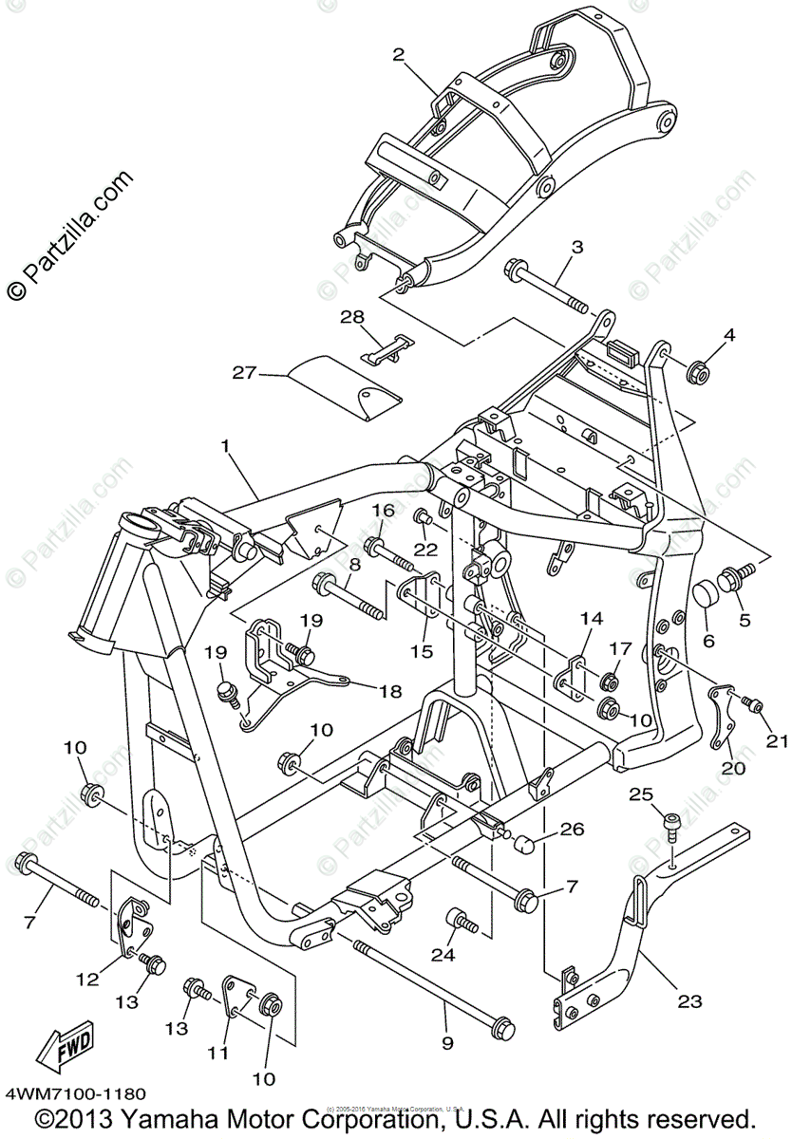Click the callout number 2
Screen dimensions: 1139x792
tap(400, 55)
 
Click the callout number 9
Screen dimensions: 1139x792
tap(447, 1042)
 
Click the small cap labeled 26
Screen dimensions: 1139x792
tap(525, 843)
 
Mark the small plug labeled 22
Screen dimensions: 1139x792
tap(423, 517)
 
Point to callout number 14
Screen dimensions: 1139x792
tap(591, 620)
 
